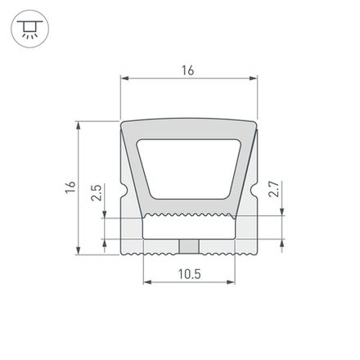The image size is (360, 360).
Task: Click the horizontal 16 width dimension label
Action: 188,71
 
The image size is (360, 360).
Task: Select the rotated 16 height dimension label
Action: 71,188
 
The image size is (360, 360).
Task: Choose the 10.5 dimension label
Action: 188,273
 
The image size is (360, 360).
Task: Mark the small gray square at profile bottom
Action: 189,246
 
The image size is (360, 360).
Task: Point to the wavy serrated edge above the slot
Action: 189,216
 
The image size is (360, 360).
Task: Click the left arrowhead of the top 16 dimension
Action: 125,80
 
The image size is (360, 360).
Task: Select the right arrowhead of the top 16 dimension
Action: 253,80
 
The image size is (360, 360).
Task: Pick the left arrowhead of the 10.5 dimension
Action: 147,283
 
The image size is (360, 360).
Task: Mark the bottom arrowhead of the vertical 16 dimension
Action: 80,251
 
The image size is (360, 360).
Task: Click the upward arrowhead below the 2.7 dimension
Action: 282,243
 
